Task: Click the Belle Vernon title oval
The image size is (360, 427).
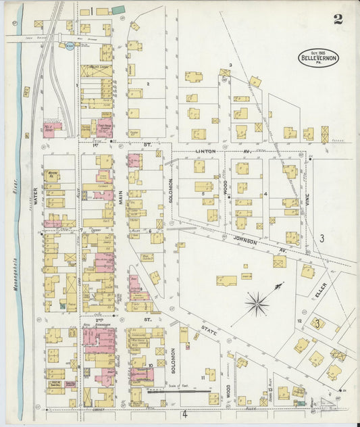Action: (x=319, y=58)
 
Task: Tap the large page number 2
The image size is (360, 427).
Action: (x=337, y=19)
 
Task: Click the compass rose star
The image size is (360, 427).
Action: (x=257, y=303)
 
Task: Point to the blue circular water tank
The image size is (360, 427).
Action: (x=70, y=46)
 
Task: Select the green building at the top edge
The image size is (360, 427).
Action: (x=118, y=9)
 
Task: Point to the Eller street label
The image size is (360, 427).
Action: (x=319, y=288)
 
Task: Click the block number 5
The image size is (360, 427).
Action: (x=203, y=194)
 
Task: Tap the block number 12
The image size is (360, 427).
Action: (x=299, y=320)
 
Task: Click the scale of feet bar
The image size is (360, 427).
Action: (x=182, y=390)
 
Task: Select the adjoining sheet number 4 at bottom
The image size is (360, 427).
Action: (x=184, y=415)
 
